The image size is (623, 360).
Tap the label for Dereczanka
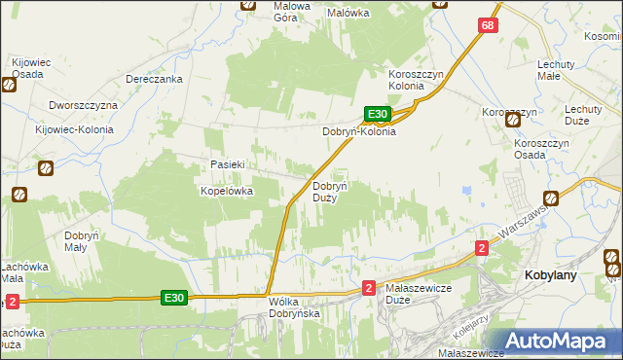(155, 80)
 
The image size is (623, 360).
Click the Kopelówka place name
(227, 192)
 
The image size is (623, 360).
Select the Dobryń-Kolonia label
(359, 131)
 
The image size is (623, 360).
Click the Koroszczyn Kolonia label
(420, 80)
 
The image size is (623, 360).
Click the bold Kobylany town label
(551, 275)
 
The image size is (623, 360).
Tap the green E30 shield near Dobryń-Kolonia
(379, 114)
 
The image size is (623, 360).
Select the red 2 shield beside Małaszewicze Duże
(369, 287)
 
